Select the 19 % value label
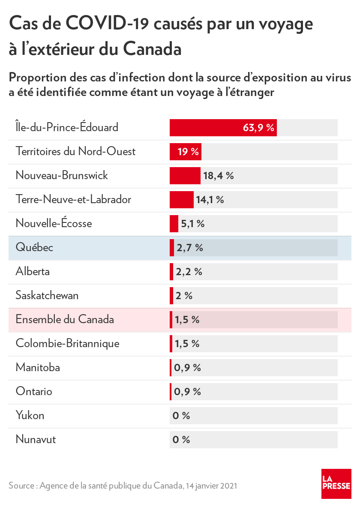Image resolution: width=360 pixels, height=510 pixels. (x=188, y=152)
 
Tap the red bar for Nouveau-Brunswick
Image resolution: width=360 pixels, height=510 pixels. (x=185, y=176)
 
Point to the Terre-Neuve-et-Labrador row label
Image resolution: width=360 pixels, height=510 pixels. (x=73, y=200)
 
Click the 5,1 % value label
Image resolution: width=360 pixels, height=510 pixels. (x=192, y=224)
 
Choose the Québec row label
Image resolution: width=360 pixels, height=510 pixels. (x=34, y=248)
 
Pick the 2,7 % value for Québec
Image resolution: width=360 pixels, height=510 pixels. (x=189, y=248)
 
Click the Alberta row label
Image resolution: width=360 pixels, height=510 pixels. (x=33, y=272)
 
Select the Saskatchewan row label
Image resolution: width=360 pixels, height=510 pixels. (x=47, y=296)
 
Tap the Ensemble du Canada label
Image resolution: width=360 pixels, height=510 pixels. (x=65, y=320)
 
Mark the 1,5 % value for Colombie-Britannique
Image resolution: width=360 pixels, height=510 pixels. (x=187, y=344)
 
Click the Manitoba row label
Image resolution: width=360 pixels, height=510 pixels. (x=38, y=368)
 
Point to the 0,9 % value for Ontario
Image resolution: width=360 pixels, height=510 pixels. (x=187, y=392)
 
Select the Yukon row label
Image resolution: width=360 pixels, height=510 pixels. (x=30, y=416)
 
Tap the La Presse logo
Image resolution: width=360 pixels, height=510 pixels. (x=336, y=483)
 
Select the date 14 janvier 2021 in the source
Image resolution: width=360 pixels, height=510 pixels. (x=212, y=486)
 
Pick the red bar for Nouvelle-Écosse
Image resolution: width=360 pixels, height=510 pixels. (x=174, y=224)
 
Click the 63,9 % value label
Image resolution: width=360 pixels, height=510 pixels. (x=258, y=128)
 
